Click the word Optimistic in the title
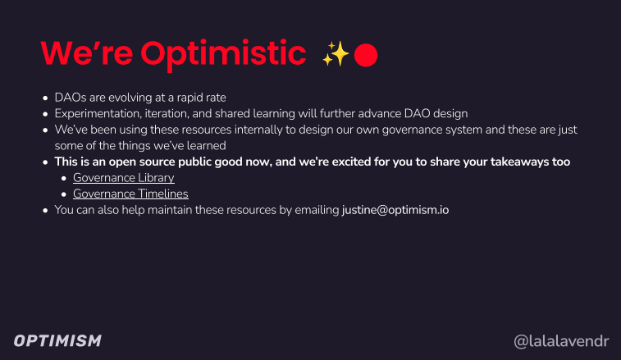223,55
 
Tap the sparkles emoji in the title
336,54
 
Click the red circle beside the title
366,55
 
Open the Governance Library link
124,178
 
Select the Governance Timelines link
130,194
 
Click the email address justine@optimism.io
395,210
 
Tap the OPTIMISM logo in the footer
57,341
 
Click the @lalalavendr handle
561,341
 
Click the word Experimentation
97,114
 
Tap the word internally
260,130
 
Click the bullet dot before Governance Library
64,179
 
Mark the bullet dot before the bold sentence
46,162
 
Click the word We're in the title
87,52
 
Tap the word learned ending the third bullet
207,146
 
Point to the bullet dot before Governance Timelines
64,194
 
